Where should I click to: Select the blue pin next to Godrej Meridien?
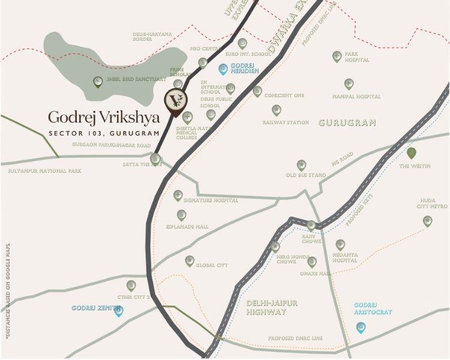[223, 70]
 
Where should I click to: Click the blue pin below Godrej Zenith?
[118, 311]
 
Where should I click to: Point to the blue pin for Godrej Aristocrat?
[361, 328]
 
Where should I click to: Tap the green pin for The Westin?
[412, 153]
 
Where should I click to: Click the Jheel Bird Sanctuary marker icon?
[98, 82]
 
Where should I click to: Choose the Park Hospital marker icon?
[337, 56]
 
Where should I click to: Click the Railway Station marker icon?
[277, 110]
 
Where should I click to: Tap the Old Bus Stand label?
[306, 175]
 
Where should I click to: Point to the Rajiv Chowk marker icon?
[311, 225]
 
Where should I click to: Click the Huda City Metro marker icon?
[427, 221]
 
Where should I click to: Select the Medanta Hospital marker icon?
[340, 244]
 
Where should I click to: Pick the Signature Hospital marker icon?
[178, 195]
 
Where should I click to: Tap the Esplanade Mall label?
[188, 227]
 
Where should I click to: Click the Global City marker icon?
[190, 260]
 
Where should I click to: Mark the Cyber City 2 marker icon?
[131, 286]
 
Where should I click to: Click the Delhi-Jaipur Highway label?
[272, 307]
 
